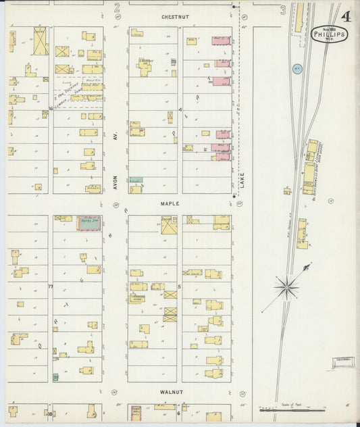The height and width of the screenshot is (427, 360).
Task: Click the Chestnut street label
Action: point(174,16)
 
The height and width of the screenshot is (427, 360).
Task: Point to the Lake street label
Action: point(242,180)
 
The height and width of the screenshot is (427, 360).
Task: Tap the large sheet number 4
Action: point(345,16)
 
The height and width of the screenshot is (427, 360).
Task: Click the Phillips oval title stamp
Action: point(329,34)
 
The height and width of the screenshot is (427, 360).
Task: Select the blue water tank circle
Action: point(297,68)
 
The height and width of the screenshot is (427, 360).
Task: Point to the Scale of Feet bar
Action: point(292,409)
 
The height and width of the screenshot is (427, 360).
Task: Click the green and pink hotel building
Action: point(88,222)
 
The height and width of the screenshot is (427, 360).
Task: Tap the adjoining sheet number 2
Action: point(116,8)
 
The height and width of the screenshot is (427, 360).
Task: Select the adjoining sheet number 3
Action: point(282,9)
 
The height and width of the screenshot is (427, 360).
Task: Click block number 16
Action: point(51,108)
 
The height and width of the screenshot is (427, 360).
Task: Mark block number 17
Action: point(51,286)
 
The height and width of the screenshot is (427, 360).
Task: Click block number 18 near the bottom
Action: point(50,413)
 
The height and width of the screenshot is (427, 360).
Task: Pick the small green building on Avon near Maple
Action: point(136,180)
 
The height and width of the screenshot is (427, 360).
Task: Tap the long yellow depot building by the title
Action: point(298,18)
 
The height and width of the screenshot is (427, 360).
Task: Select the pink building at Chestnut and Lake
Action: point(222,41)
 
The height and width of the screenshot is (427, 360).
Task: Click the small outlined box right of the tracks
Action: point(343,364)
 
